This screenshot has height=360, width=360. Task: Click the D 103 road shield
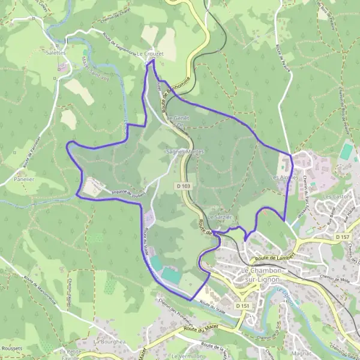click(x=185, y=187)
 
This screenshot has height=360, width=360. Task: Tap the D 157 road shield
click(x=343, y=238)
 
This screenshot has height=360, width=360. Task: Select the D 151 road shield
click(x=242, y=305)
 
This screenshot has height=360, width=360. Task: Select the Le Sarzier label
click(x=220, y=217)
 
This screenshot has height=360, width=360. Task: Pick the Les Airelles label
click(x=284, y=178)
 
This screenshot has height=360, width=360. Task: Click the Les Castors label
click(x=336, y=196)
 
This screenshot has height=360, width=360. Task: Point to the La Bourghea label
click(x=109, y=341)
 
